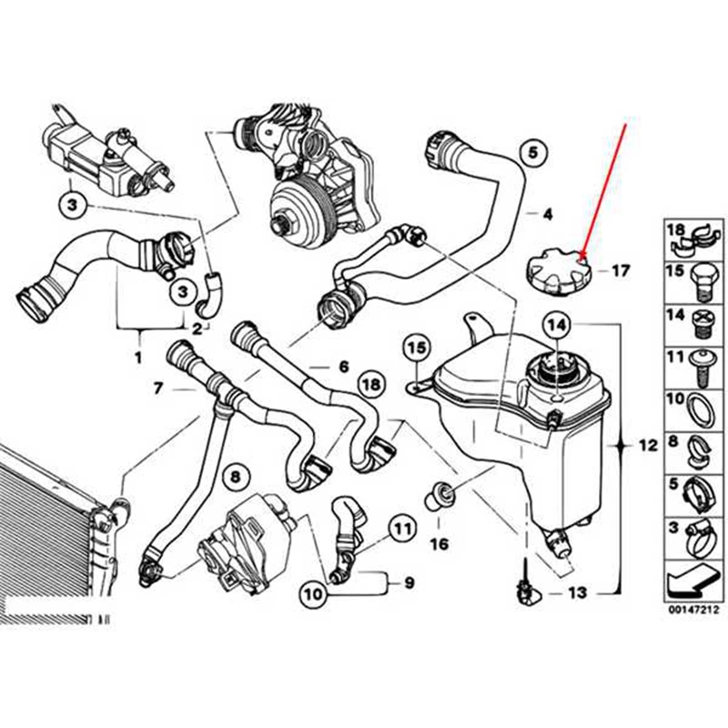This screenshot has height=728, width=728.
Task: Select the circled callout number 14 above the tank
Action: [x=556, y=324]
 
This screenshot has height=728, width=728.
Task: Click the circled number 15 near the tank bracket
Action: [x=416, y=348]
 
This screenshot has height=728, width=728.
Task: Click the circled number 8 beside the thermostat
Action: [x=234, y=477]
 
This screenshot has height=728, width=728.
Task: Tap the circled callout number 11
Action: [x=403, y=527]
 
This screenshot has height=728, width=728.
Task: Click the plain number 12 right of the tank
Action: [x=647, y=447]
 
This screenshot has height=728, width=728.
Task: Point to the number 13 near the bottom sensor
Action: [x=577, y=593]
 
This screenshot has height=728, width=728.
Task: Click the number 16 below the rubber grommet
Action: [x=439, y=545]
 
